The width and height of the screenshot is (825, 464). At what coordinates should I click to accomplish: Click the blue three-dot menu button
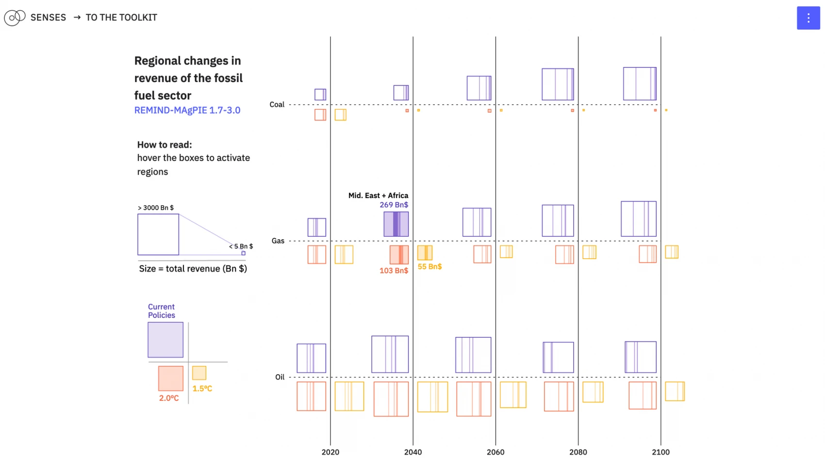point(808,18)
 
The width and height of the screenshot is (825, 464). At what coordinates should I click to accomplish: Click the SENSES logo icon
point(15,17)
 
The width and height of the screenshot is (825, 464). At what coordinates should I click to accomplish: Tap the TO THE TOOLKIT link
point(121,17)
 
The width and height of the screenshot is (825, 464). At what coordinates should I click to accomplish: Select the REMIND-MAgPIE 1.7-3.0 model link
point(187,110)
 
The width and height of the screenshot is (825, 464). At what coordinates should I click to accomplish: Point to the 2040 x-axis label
point(413,452)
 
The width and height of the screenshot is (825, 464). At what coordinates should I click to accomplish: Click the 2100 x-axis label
point(660,452)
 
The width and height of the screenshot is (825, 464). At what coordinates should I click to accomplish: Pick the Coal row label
point(277,104)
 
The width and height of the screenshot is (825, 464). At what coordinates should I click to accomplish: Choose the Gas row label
point(278,241)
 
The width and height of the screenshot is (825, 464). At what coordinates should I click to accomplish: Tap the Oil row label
point(280,377)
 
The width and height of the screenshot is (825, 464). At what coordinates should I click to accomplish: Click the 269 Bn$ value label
point(394,205)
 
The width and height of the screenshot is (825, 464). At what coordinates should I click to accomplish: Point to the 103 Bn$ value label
point(394,270)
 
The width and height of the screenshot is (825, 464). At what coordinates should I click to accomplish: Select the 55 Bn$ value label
point(429,266)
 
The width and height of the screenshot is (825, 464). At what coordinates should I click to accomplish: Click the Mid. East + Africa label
point(378,196)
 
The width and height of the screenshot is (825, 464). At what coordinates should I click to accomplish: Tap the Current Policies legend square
point(165,340)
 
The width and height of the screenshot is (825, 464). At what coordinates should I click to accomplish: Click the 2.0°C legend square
point(171,378)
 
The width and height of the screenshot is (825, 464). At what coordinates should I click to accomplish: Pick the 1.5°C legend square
point(199,373)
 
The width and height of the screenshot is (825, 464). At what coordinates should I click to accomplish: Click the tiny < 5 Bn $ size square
point(244,253)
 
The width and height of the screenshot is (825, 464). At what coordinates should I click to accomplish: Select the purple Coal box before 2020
point(320,94)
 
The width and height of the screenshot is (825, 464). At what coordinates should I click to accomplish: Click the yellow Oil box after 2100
point(675,391)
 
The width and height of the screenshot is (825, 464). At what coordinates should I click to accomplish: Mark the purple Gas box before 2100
point(639,219)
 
